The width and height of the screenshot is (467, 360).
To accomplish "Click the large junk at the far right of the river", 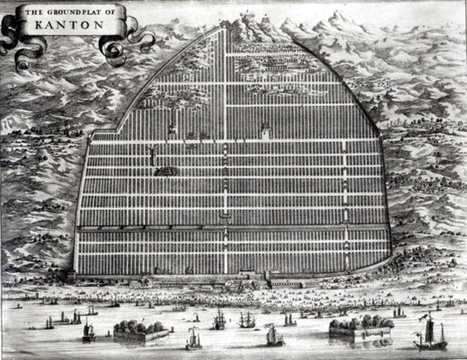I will [430, 334].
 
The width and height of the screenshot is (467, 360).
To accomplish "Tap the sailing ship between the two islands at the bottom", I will [274, 336].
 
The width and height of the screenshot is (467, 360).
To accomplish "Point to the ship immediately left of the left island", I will [88, 332].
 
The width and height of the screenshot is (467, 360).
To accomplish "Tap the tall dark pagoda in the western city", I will [152, 155].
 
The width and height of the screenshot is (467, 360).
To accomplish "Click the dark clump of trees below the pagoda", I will [166, 171].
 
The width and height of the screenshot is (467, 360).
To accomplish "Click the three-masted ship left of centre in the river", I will [219, 320].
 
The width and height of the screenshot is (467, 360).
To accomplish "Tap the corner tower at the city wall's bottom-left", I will [72, 275].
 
